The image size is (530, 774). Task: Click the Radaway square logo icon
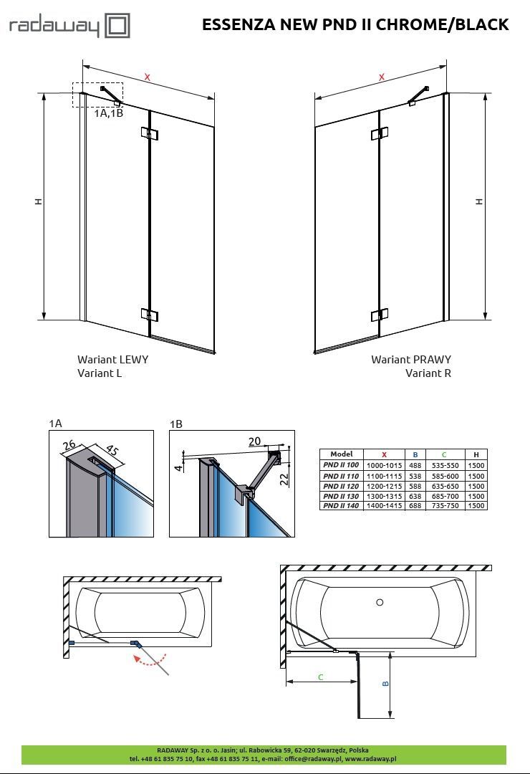[x=117, y=26]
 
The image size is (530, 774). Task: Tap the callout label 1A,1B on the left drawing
[x=109, y=113]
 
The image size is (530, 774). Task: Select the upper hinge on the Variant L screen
[x=149, y=133]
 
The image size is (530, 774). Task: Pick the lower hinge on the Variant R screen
[x=380, y=315]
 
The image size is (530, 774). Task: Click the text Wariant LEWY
[x=112, y=359]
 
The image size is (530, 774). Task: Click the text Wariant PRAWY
[x=411, y=359]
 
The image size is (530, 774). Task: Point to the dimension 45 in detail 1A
[x=112, y=451]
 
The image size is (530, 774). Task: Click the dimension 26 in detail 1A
[x=69, y=445]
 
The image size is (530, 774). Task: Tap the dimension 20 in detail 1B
[x=255, y=441]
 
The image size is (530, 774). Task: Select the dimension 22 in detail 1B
[x=285, y=479]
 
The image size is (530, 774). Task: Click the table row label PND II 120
[x=341, y=486]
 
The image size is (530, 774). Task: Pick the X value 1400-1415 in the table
[x=384, y=505]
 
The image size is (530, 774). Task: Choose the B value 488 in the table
[x=415, y=466]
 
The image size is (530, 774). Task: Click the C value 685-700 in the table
[x=445, y=496]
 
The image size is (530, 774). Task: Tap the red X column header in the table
[x=384, y=454]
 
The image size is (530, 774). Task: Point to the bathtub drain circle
[x=380, y=602]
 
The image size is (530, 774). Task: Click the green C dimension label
[x=321, y=677]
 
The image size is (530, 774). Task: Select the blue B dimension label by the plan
[x=386, y=684]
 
